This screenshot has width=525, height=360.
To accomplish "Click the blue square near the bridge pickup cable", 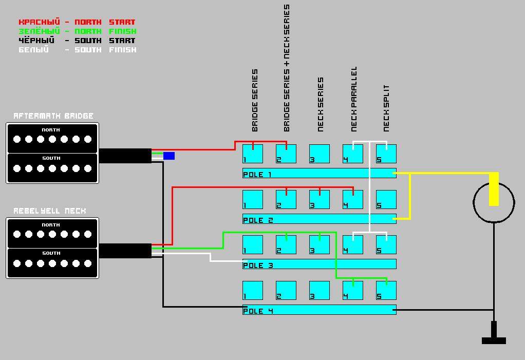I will pyautogui.click(x=169, y=156).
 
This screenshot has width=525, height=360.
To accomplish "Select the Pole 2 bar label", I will pyautogui.click(x=258, y=220).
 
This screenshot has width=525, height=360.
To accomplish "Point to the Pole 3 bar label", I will pyautogui.click(x=258, y=266).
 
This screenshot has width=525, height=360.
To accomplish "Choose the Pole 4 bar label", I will pyautogui.click(x=258, y=311).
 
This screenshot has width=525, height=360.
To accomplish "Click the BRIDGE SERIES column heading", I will pyautogui.click(x=255, y=101).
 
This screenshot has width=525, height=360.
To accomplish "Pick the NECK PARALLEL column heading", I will pyautogui.click(x=354, y=99).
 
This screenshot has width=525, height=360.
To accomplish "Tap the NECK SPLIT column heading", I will pyautogui.click(x=386, y=108).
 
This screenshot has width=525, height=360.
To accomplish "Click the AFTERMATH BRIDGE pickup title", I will pyautogui.click(x=53, y=116).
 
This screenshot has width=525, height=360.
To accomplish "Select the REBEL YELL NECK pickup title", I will pyautogui.click(x=50, y=211).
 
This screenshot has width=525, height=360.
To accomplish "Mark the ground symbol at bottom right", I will pyautogui.click(x=494, y=335).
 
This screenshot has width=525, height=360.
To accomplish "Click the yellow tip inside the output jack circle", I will pyautogui.click(x=494, y=189).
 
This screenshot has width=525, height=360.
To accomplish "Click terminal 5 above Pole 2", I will pyautogui.click(x=386, y=200).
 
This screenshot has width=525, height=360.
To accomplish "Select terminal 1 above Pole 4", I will pyautogui.click(x=252, y=291).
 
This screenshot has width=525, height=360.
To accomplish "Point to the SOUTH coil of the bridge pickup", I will pyautogui.click(x=52, y=167).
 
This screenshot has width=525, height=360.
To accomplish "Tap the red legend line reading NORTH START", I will pyautogui.click(x=77, y=22).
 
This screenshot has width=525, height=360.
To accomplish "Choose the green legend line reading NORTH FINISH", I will pyautogui.click(x=77, y=31).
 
